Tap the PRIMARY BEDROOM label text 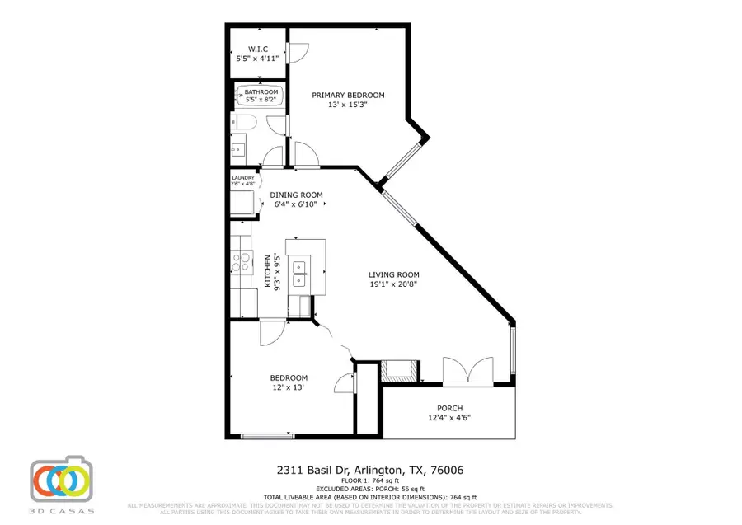pos(347,96)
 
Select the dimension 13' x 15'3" pos(347,105)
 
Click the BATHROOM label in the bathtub pos(261,91)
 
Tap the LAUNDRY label pos(243,177)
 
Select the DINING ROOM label pos(297,195)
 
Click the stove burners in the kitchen pos(242,262)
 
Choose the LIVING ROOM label pos(394,275)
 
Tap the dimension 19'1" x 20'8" pos(394,285)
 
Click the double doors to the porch pos(467,371)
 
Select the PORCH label pos(450,408)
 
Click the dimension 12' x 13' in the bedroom pos(289,387)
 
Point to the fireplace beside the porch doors pos(401,369)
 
